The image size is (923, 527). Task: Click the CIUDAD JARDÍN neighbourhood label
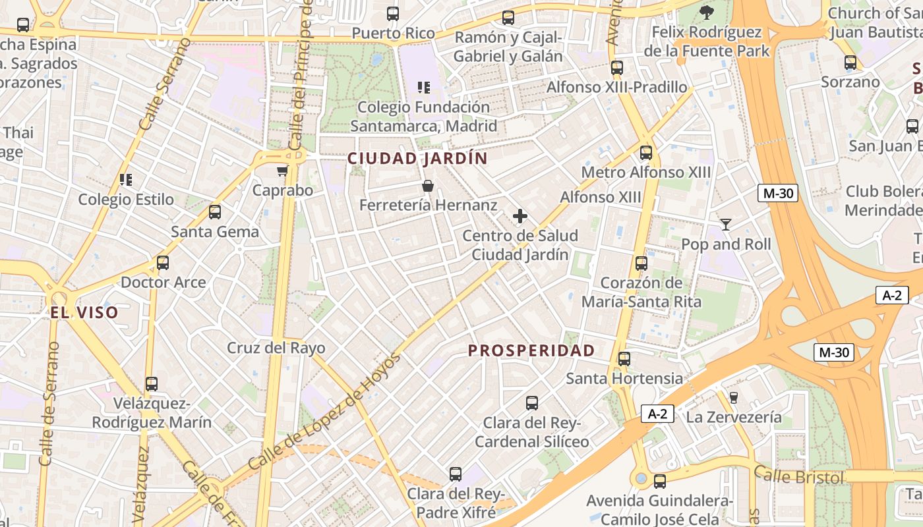point(417,159)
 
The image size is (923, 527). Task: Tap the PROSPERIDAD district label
point(531,350)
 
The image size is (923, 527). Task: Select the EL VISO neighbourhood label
point(84,313)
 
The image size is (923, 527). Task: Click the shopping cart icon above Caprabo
point(282,171)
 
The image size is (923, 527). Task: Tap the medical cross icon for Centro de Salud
point(520,216)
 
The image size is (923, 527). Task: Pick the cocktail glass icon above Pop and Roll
point(726,225)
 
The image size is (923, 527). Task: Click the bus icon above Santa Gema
point(215,212)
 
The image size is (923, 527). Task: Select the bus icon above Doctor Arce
point(163,263)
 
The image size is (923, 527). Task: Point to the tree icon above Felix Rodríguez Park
point(707,12)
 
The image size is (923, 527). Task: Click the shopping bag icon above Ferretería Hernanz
point(428,186)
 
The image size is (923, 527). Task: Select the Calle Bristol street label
point(798,475)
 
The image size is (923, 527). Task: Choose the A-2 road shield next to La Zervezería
point(657,414)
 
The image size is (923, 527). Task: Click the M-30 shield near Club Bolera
point(778,193)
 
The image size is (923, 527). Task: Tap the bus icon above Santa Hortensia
point(624,359)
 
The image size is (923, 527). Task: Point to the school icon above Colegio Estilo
point(126,180)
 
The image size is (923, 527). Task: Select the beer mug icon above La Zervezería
point(733,398)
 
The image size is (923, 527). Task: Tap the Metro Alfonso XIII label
point(645,173)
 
